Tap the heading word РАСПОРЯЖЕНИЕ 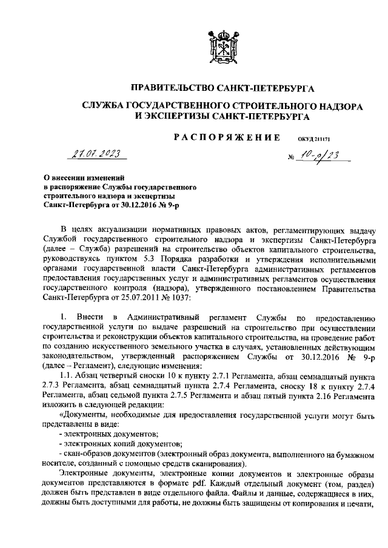(227, 138)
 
